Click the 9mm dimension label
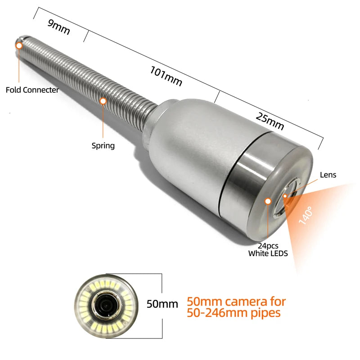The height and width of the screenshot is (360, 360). [58, 27]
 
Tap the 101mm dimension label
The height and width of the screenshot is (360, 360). [166, 76]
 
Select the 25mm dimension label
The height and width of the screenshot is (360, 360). [270, 121]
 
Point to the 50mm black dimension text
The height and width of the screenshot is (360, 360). [162, 304]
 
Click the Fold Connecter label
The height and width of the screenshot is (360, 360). [32, 90]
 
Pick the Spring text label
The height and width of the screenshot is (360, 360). [103, 146]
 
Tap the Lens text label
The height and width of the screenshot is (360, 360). [328, 175]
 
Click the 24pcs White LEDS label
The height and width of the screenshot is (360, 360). [268, 250]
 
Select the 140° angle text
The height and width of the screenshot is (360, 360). [306, 215]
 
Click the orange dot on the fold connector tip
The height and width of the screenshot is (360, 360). [19, 46]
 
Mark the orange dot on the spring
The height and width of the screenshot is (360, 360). [103, 101]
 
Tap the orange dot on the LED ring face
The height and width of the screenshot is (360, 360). [268, 201]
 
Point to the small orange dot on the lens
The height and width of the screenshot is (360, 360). [285, 196]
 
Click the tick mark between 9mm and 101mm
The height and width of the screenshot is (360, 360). [86, 36]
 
